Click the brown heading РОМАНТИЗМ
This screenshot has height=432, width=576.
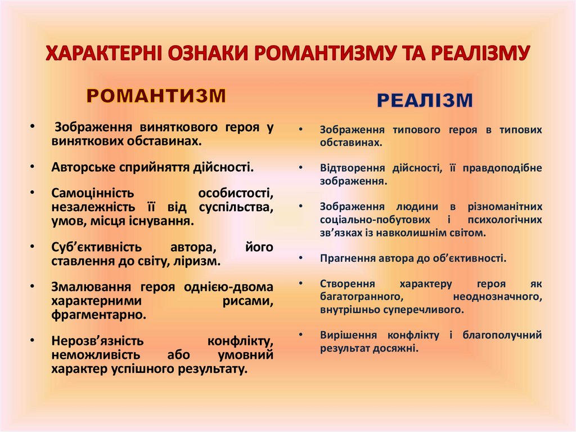click(156, 96)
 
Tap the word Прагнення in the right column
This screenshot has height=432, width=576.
click(343, 259)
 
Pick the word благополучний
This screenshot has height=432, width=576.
click(502, 335)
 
